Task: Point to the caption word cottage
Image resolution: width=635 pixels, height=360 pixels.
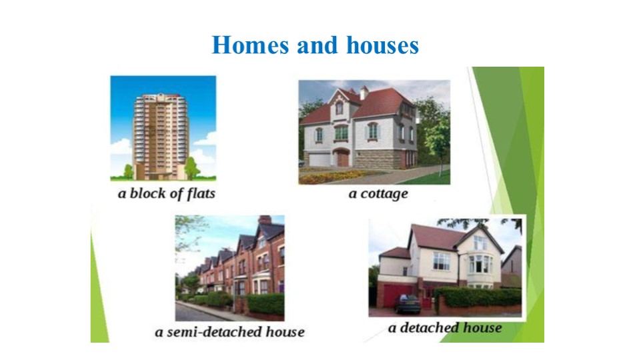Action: click(x=383, y=194)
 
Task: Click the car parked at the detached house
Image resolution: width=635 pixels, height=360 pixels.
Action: click(x=408, y=303)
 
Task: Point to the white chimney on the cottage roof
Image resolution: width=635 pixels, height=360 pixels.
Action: click(x=364, y=92)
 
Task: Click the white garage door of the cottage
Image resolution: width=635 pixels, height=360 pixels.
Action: click(x=319, y=159)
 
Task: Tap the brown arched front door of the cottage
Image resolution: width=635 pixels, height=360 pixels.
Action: click(x=343, y=158)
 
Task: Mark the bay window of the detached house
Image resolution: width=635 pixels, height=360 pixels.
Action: click(x=481, y=263)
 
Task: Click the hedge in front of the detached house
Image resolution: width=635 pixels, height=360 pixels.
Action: click(x=480, y=297)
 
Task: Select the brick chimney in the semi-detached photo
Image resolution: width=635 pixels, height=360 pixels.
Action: click(x=265, y=220)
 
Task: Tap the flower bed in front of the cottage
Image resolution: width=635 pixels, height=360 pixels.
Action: click(x=327, y=176)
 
